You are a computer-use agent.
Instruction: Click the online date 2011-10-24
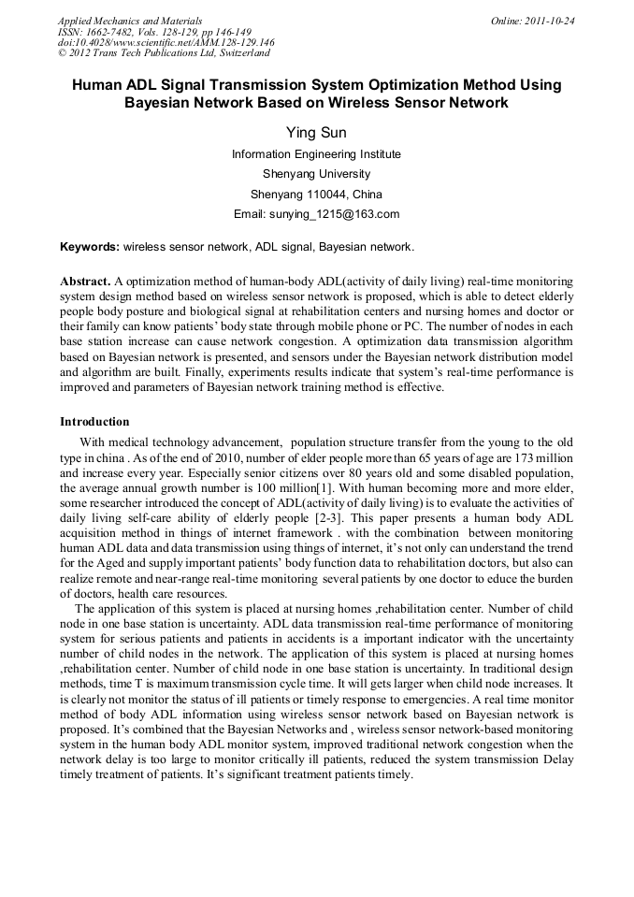click(x=549, y=20)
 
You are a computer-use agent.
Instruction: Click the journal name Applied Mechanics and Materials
click(x=130, y=20)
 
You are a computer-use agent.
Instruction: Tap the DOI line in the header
click(x=166, y=42)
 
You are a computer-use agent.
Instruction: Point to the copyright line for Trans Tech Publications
click(x=164, y=53)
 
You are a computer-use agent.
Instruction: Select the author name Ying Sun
click(x=316, y=133)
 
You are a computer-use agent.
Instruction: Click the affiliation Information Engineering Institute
click(x=316, y=153)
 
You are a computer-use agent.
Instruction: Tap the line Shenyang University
click(x=316, y=174)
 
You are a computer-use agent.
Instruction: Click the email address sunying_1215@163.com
click(x=342, y=214)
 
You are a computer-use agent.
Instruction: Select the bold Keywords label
click(x=90, y=247)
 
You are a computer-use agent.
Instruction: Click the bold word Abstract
click(x=85, y=281)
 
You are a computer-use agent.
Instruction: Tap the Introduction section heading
click(x=94, y=422)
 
